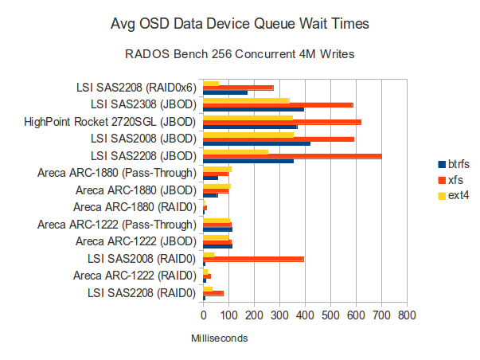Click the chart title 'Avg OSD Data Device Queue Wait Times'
tap(239, 24)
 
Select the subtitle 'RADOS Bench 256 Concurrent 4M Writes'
tap(239, 55)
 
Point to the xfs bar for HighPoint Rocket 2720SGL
tap(282, 122)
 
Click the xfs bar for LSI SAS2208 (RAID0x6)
tap(238, 88)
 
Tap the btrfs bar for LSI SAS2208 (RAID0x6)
tap(225, 92)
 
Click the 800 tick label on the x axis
tap(407, 315)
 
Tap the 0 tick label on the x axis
tap(204, 315)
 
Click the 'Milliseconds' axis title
tap(219, 338)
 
